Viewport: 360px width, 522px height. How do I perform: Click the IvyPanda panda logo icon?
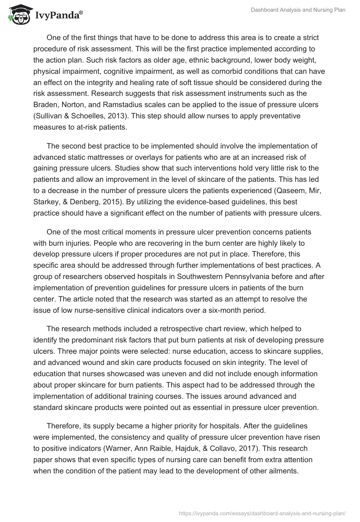click(x=17, y=15)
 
